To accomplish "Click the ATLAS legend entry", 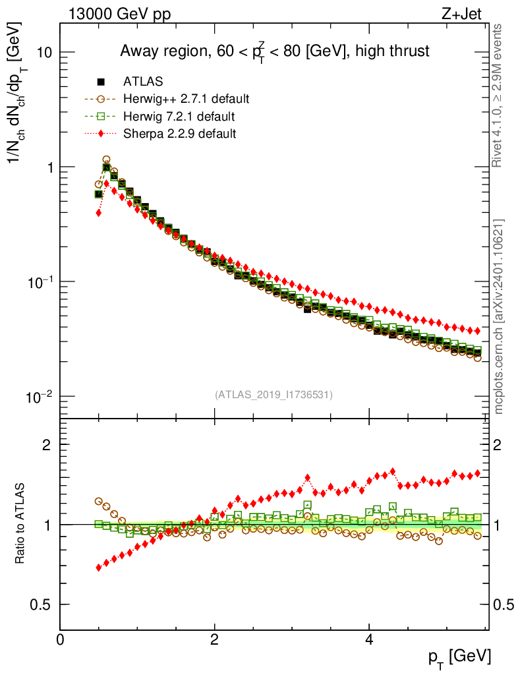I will (x=142, y=82).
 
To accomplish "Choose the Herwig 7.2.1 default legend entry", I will (x=179, y=116).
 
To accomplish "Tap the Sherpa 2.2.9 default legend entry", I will (x=179, y=133).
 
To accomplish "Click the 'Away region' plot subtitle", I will (x=274, y=51).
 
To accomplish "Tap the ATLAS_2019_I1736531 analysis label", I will (x=273, y=395).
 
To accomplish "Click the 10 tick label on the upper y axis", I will (x=43, y=53).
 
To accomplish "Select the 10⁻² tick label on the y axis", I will (x=40, y=396).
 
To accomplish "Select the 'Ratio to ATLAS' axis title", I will (x=20, y=524).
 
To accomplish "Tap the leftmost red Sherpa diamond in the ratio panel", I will (x=98, y=567).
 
